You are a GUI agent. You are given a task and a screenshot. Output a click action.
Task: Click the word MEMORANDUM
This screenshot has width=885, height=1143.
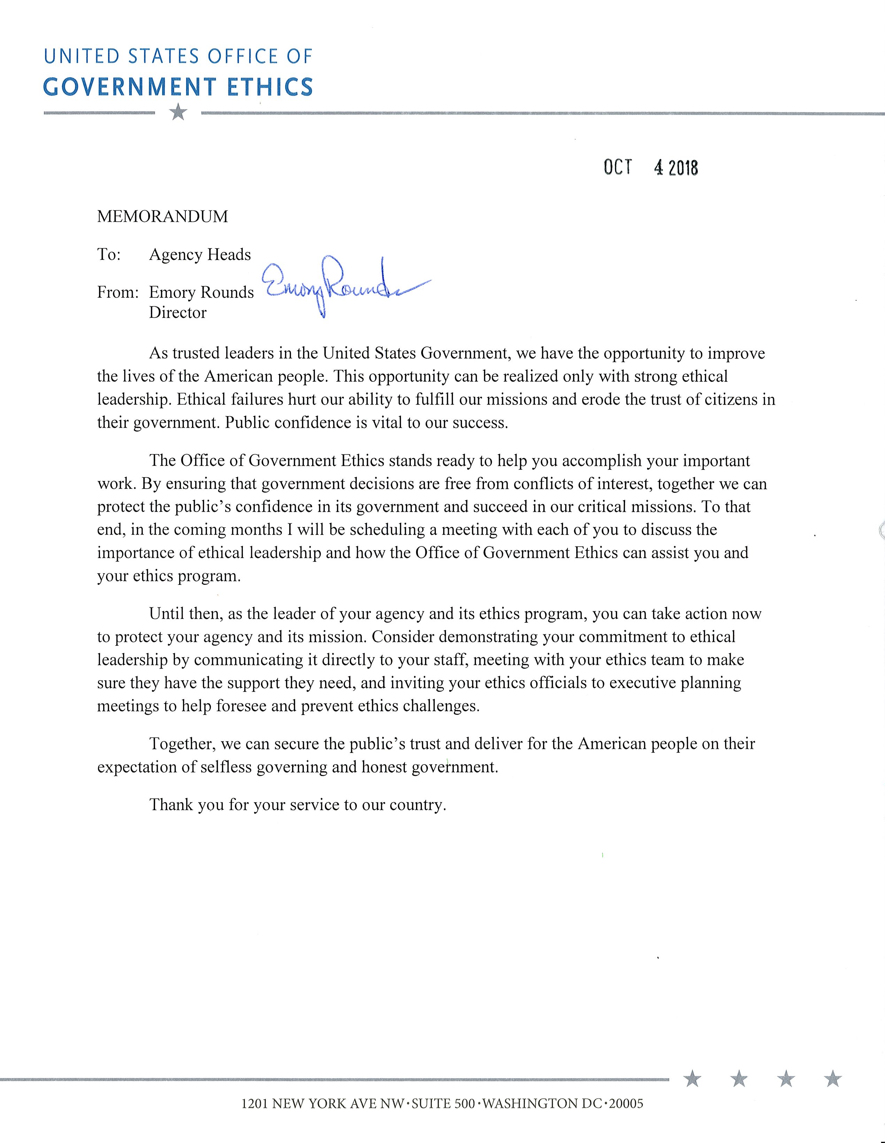(x=162, y=217)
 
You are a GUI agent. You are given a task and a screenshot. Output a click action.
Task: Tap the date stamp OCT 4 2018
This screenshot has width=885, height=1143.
(x=651, y=168)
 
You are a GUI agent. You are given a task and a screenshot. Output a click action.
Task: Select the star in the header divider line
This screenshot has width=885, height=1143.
(x=178, y=112)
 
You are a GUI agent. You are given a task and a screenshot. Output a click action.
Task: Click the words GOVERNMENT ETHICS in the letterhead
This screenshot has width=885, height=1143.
(x=178, y=87)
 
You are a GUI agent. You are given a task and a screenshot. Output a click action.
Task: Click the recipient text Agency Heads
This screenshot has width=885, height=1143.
(x=200, y=255)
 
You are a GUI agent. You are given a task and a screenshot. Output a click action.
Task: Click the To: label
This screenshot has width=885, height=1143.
(x=109, y=255)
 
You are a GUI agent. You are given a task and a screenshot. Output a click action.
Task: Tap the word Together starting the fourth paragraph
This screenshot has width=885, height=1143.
(x=182, y=744)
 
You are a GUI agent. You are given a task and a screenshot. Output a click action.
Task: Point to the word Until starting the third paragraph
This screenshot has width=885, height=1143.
(x=167, y=614)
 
